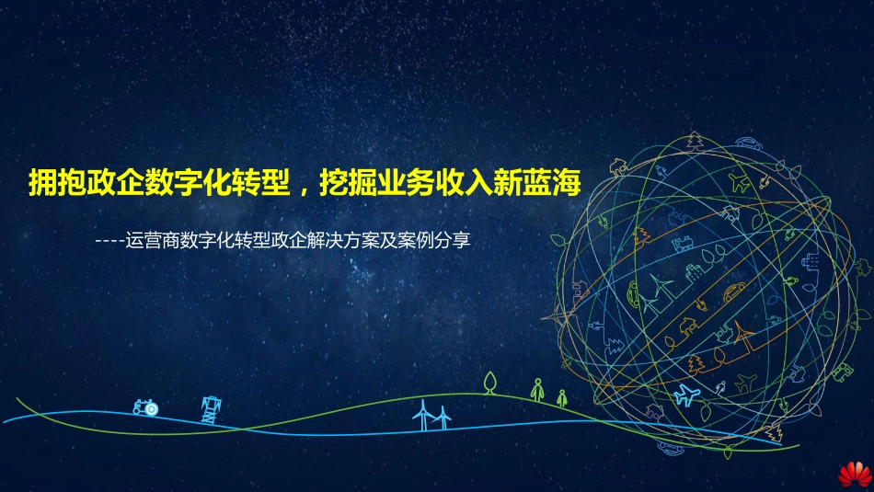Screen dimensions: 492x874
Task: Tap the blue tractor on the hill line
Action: [144, 406]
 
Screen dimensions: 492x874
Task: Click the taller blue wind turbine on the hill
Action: [423, 414]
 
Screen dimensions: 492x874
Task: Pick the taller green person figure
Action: [537, 389]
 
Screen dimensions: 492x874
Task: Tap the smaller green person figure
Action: [561, 397]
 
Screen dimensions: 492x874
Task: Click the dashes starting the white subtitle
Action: [107, 242]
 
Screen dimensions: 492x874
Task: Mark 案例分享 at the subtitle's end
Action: [437, 242]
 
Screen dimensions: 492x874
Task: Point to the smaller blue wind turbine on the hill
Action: [443, 418]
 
